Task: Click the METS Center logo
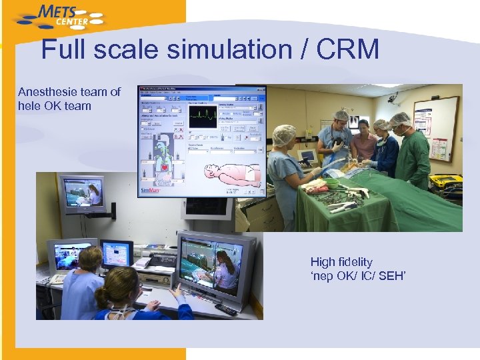(59, 17)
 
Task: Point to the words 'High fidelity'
(341, 262)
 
